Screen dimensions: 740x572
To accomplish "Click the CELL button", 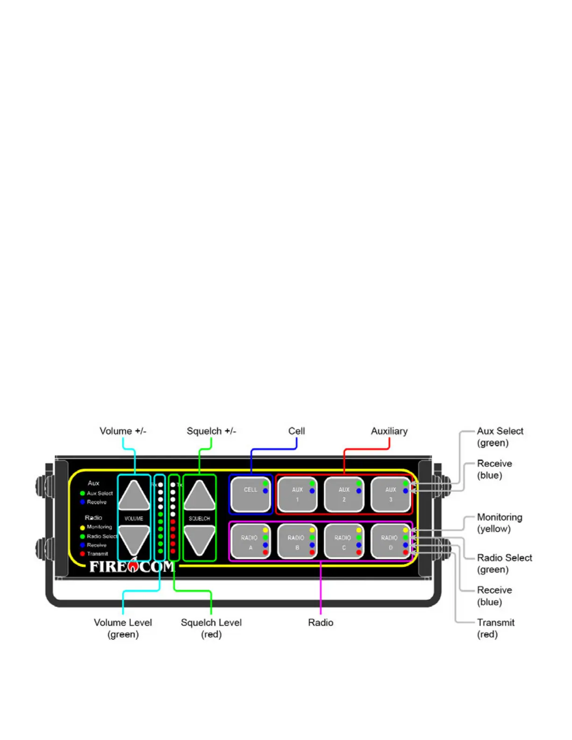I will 250,494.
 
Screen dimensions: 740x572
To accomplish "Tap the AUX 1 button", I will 297,494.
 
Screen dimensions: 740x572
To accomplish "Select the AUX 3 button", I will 390,494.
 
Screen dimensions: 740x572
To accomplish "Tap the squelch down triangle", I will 200,539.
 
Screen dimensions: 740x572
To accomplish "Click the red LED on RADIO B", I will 312,553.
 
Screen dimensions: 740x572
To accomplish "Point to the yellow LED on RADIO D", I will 406,530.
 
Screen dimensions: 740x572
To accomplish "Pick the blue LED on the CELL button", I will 265,491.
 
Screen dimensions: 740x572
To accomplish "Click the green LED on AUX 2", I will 359,484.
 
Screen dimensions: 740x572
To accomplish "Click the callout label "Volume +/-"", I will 123,431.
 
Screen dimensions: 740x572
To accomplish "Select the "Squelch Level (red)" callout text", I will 211,628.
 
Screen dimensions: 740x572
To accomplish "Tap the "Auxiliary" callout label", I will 389,431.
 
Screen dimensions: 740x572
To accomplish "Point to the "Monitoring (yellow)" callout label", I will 500,523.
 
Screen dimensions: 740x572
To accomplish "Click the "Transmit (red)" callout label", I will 495,628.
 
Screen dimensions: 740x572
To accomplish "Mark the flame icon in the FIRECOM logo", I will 133,566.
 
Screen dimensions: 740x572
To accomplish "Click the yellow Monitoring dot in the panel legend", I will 82,527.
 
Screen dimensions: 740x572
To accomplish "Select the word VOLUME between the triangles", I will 134,519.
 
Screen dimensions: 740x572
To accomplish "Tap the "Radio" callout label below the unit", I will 321,623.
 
